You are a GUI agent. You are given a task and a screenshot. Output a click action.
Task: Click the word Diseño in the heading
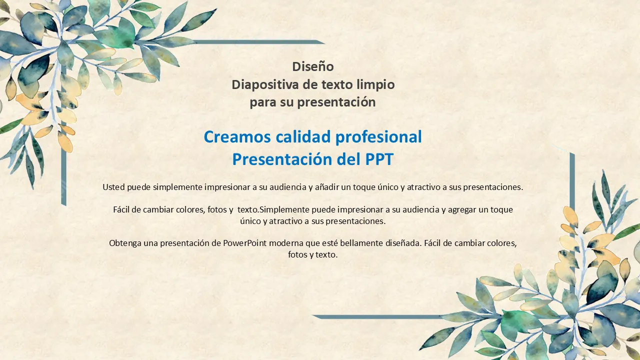click(313, 66)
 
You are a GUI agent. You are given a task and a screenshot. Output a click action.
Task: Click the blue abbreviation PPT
click(379, 159)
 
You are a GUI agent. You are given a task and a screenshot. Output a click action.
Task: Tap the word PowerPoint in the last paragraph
click(244, 243)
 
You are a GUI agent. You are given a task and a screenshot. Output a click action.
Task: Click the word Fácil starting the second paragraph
click(120, 209)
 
